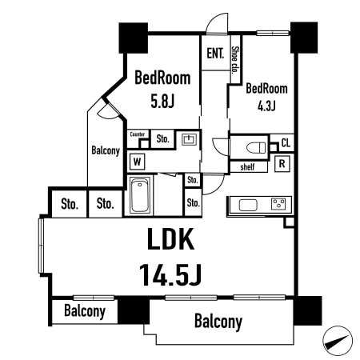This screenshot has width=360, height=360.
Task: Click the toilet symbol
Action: point(256,147)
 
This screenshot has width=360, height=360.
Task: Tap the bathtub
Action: point(139,195)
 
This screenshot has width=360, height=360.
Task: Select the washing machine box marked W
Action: point(138,162)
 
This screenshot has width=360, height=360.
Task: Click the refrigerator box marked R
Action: point(282,163)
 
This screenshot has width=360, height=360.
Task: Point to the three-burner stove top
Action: point(278,204)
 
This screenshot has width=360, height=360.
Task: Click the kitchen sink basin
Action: point(248,205)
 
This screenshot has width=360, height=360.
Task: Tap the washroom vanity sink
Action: point(189,139)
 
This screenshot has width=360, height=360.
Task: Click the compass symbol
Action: point(338,341)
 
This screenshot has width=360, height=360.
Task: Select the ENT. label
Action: point(215,54)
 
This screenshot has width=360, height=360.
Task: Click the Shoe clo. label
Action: point(235,60)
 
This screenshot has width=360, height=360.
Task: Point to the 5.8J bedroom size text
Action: point(162,102)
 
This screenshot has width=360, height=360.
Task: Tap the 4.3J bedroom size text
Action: point(266,106)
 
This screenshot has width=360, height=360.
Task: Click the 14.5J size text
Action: point(170,274)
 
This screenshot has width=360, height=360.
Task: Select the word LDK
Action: point(170,238)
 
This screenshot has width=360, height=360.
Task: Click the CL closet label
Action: point(286,143)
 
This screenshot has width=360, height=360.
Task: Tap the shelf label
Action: point(247,167)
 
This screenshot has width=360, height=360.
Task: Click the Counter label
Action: point(138,134)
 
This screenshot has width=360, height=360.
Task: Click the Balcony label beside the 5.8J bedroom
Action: point(106,150)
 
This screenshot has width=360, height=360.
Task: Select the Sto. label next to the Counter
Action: point(162,138)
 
